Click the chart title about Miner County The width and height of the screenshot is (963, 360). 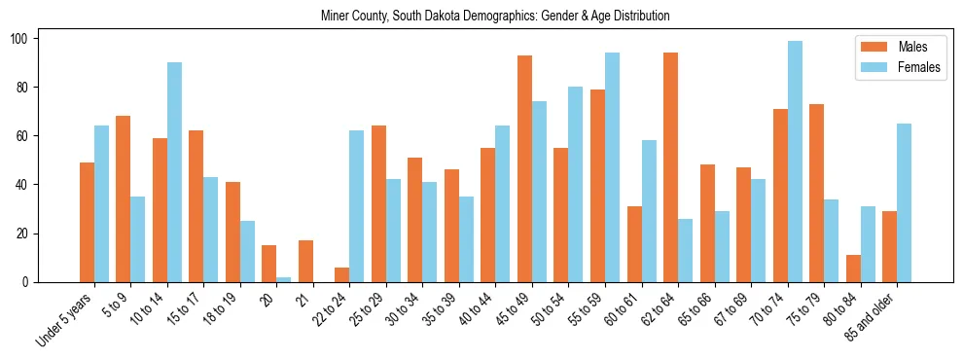[495, 17]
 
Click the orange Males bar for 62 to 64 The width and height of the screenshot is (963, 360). [670, 167]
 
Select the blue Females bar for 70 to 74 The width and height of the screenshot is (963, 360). [795, 162]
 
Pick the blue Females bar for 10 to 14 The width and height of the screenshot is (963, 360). [174, 172]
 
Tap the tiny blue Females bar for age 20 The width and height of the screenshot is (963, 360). [284, 279]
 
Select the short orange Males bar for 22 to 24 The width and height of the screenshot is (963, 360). [342, 274]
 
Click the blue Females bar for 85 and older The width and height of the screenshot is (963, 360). [905, 202]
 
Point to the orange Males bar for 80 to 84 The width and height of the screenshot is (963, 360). [853, 269]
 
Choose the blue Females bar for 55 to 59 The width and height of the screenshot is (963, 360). [613, 167]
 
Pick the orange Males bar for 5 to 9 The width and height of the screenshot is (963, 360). [123, 198]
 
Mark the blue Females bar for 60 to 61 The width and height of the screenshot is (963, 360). [649, 211]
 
